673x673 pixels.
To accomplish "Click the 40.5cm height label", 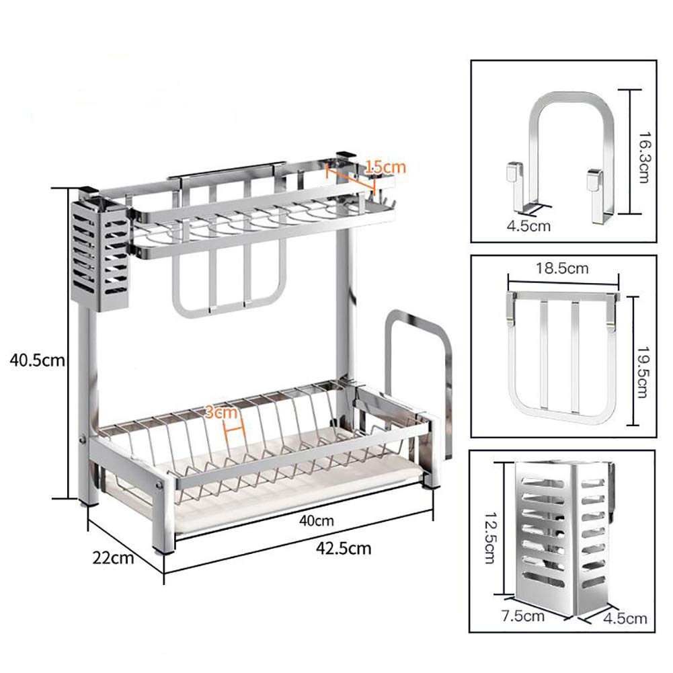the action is click(38, 360).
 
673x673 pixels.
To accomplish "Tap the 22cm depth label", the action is click(113, 558).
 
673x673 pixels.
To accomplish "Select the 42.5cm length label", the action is click(344, 549).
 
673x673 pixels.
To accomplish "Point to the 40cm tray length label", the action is click(316, 520).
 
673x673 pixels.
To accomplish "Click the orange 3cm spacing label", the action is click(221, 412).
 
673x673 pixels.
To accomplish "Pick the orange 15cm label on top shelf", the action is click(385, 167).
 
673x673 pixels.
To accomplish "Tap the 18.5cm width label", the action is click(562, 268).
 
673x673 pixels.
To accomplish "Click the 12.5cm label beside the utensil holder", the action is click(491, 537).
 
